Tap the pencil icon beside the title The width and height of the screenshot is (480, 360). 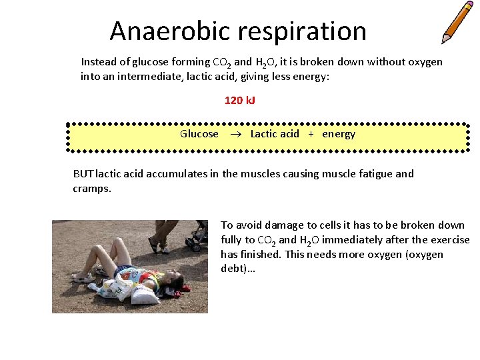[x=457, y=22]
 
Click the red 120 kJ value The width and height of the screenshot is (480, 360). [x=240, y=101]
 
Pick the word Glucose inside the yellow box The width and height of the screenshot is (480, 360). [x=199, y=134]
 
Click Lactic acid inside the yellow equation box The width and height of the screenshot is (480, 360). [x=275, y=134]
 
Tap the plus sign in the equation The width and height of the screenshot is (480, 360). [x=311, y=134]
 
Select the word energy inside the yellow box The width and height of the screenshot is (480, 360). [x=339, y=134]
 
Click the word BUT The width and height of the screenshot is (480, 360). [x=83, y=174]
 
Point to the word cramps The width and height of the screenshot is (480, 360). [x=91, y=189]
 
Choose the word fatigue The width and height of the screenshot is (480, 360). [x=374, y=174]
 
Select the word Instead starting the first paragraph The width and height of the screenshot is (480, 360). [x=99, y=62]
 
